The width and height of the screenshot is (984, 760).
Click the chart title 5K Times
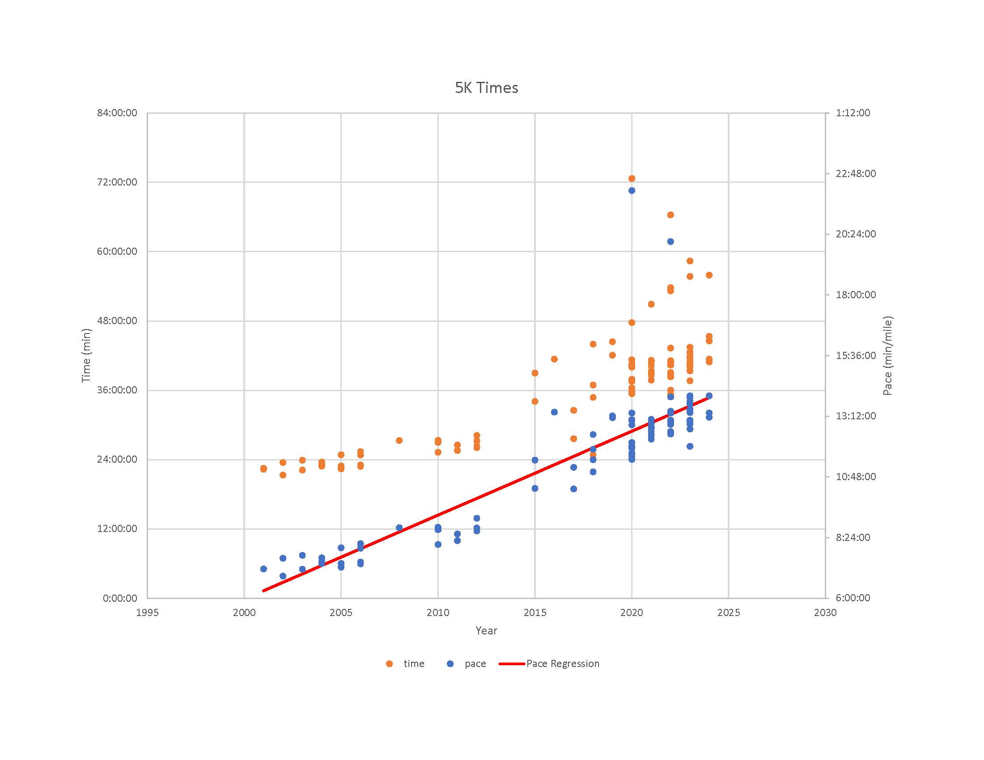[486, 88]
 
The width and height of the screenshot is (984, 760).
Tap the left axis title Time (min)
[86, 355]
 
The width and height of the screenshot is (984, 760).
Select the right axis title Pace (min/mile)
[887, 356]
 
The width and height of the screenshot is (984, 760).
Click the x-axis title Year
[486, 630]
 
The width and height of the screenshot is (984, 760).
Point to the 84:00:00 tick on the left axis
[117, 113]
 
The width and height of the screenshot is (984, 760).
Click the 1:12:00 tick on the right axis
[853, 113]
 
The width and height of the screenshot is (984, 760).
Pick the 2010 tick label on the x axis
[438, 612]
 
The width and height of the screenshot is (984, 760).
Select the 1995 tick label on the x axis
[147, 612]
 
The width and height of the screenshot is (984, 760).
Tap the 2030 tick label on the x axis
[825, 612]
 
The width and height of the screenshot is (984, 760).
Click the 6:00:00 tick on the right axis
[853, 598]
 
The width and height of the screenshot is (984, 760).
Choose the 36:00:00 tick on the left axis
[117, 390]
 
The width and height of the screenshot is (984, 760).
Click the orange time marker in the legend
[389, 663]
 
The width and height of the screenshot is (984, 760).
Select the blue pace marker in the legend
[450, 663]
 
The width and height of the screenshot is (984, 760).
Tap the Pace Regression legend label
[563, 663]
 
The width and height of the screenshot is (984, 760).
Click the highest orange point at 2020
[632, 179]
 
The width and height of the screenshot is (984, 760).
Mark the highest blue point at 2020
[632, 190]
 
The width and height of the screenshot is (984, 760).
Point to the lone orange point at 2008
[399, 440]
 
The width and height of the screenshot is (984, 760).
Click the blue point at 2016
[554, 412]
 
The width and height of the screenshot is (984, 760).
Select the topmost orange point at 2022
[670, 215]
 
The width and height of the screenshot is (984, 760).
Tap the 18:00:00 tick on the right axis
[855, 295]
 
